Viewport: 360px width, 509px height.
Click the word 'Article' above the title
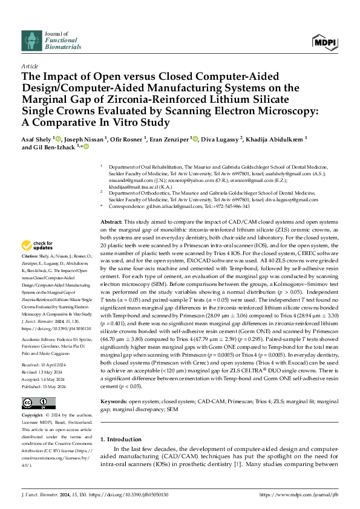(x=29, y=65)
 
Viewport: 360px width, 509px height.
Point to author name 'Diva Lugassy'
(x=223, y=138)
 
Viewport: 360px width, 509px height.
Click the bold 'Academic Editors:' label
(x=42, y=340)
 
